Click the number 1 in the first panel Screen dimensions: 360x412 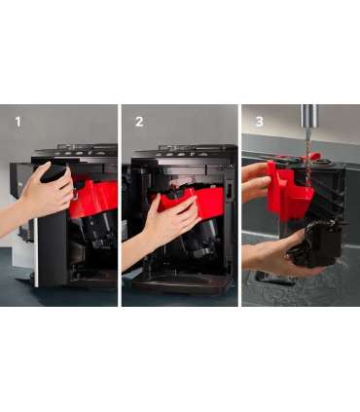coord(18,122)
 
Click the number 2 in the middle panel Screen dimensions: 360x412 coord(139,122)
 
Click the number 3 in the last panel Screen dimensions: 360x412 coord(260,122)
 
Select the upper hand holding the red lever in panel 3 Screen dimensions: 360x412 coord(256,182)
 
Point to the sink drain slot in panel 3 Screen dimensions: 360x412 coord(274,279)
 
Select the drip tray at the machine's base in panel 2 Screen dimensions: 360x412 coord(182,285)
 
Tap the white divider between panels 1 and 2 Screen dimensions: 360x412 coord(120,206)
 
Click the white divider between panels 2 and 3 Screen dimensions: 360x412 coord(239,206)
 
